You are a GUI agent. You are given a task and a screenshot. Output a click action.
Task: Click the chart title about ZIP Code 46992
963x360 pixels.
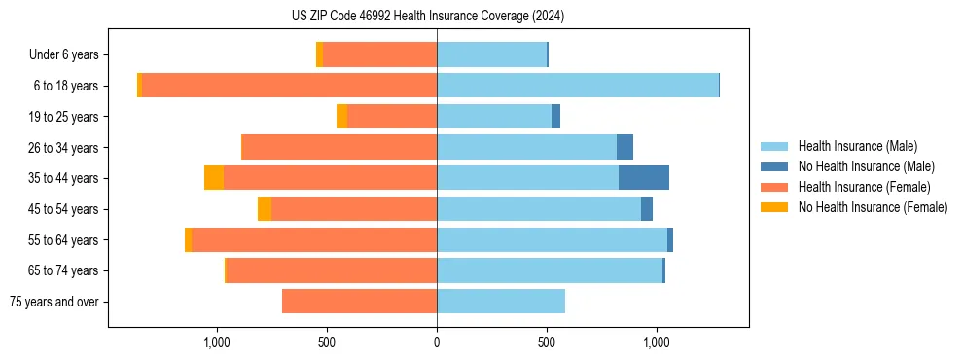click(427, 16)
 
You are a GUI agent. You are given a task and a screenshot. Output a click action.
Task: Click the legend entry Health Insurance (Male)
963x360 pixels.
click(857, 146)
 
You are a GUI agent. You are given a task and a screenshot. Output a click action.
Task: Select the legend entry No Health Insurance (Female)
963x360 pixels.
click(873, 207)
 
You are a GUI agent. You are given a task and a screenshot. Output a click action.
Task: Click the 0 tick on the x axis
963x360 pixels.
click(437, 342)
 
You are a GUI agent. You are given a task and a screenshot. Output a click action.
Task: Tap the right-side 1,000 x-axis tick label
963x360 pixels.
click(657, 342)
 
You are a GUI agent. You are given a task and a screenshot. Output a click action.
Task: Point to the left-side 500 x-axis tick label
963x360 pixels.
click(327, 342)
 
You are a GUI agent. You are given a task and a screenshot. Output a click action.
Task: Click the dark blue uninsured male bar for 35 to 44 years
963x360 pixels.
click(644, 178)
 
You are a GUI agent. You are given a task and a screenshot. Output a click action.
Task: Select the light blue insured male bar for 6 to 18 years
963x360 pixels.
click(578, 86)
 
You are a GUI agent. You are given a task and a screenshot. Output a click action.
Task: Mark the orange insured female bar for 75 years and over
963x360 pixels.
click(359, 302)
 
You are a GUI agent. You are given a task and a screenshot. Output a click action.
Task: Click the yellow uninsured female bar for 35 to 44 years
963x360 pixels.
click(214, 178)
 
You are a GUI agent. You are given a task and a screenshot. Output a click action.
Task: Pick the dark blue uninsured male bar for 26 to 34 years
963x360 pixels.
click(625, 147)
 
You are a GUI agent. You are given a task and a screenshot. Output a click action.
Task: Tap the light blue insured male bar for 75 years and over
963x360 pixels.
click(501, 302)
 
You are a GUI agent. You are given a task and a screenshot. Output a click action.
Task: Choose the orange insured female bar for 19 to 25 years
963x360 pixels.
click(392, 117)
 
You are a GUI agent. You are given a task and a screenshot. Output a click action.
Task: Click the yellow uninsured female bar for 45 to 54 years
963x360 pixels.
click(265, 209)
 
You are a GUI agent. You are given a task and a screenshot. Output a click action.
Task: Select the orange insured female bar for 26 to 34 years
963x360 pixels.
click(339, 147)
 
